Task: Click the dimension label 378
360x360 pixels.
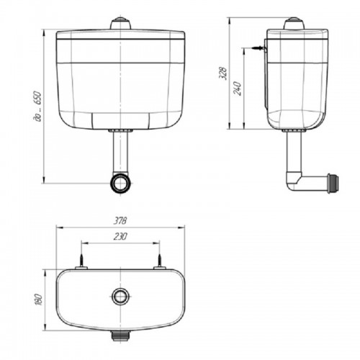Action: coord(120,220)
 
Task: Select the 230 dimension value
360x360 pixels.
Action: coord(120,236)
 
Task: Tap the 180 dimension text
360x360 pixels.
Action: coord(39,300)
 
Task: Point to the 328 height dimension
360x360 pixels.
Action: coord(223,73)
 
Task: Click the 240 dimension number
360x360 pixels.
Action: coord(238,89)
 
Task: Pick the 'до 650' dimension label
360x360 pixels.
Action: coord(38,106)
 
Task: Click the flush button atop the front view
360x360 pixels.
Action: coord(121,23)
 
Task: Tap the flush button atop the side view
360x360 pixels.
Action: coord(294,23)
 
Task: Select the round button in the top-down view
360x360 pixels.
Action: coord(121,296)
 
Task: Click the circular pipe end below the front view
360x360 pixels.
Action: coord(121,183)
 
